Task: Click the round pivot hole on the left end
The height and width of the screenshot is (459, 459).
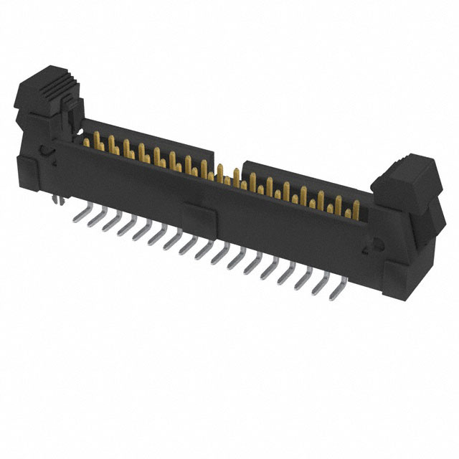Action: tap(45, 151)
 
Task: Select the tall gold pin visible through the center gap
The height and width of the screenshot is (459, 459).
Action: tap(221, 172)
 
